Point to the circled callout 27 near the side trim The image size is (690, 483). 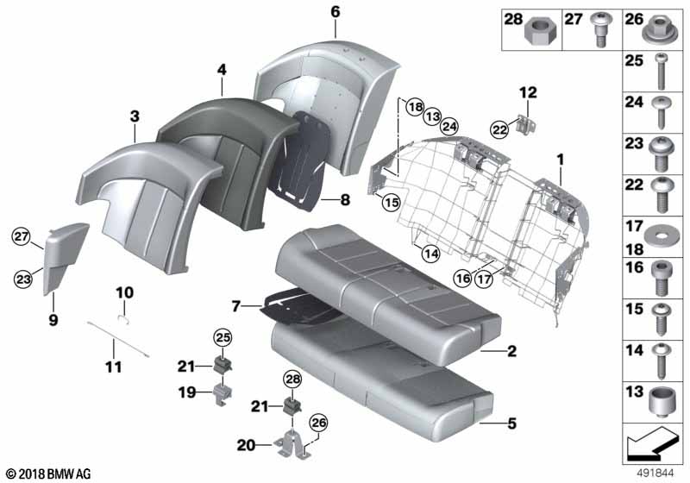tap(21, 236)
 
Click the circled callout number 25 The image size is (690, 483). tap(223, 338)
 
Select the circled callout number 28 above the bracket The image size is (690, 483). tap(292, 379)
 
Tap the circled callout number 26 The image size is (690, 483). tap(318, 423)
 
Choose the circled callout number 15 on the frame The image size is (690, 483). tap(391, 203)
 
